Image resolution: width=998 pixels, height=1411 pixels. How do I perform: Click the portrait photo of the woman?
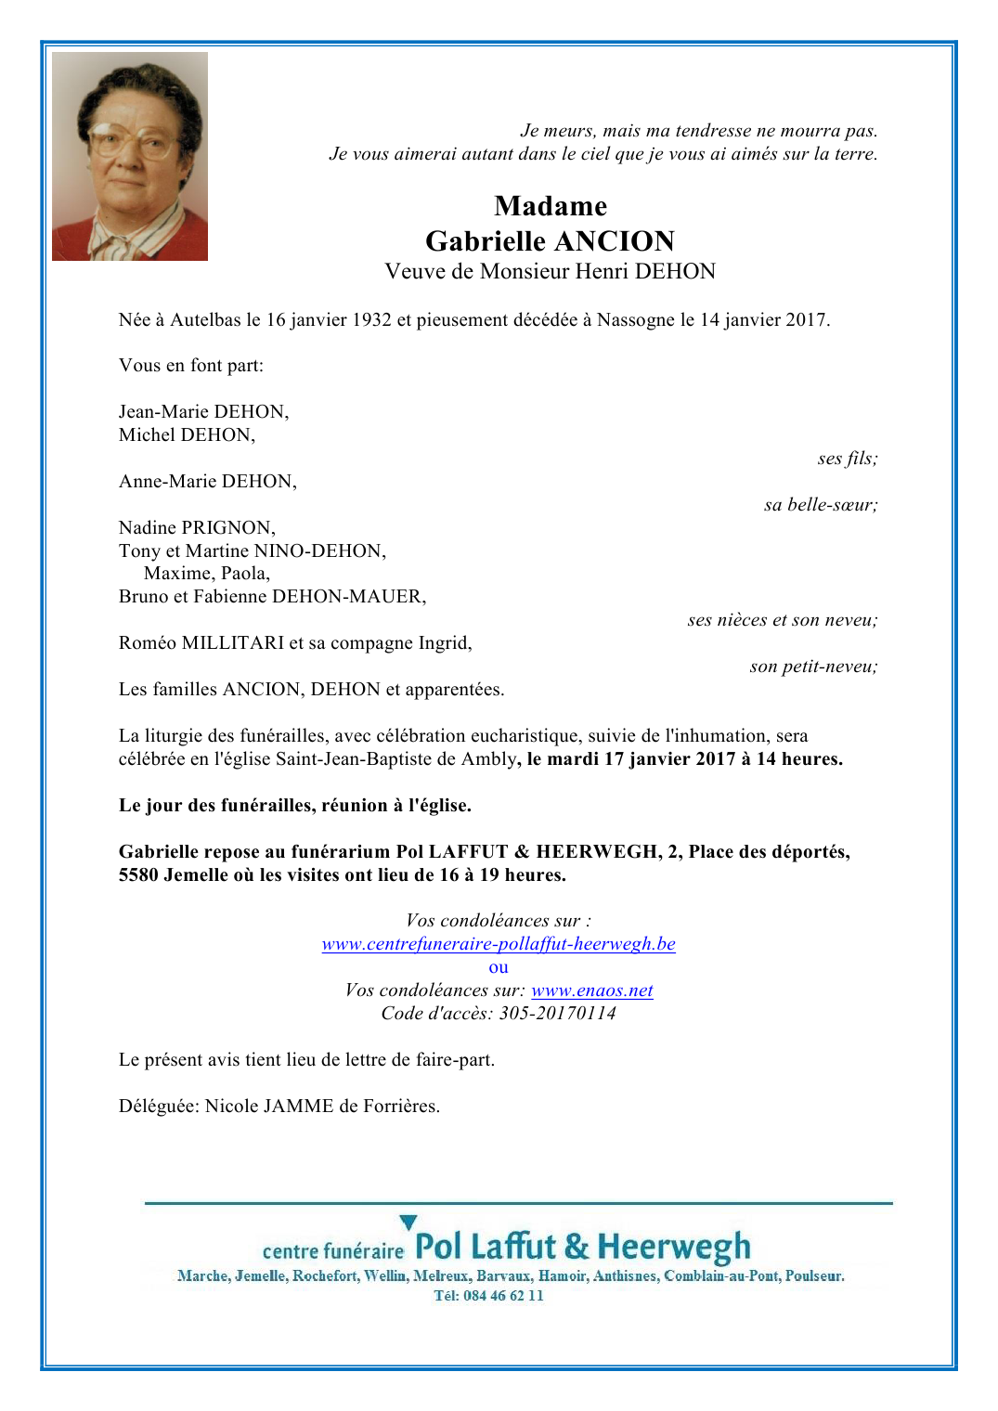130,156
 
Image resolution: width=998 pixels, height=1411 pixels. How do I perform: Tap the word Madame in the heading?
551,206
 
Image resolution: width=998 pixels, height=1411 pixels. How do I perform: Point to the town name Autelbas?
205,320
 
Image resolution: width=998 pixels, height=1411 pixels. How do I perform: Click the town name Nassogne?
635,320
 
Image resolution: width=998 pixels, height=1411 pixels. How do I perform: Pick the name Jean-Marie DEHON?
202,411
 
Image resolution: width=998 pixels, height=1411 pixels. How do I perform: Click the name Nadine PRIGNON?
196,527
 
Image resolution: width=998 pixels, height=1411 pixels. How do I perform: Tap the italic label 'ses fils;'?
847,459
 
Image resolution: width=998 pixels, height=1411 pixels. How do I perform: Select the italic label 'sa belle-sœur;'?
820,505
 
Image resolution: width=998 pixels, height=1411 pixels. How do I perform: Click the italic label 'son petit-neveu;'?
813,667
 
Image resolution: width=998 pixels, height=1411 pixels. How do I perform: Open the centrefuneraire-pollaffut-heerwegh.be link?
499,944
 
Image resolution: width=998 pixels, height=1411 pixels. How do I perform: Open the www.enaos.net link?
591,990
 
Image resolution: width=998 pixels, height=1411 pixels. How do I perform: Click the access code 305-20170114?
557,1014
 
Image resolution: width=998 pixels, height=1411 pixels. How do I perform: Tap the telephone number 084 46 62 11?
503,1296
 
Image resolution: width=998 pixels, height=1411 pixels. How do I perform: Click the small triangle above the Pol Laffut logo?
408,1222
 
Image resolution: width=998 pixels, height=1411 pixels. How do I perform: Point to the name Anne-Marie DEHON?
206,481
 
